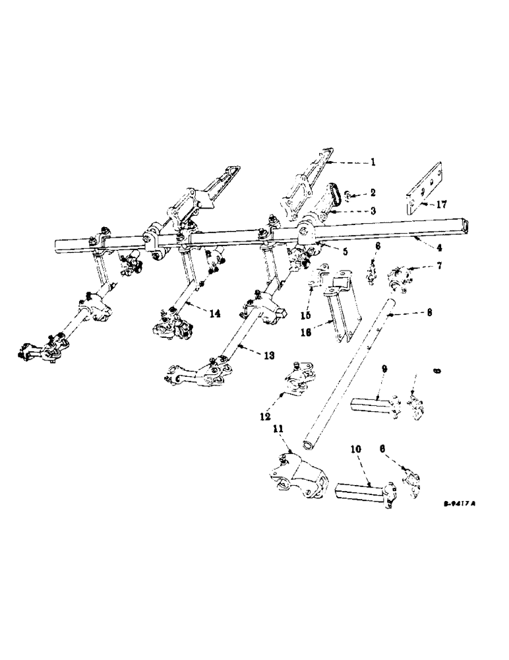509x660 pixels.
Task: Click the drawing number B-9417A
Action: point(459,502)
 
